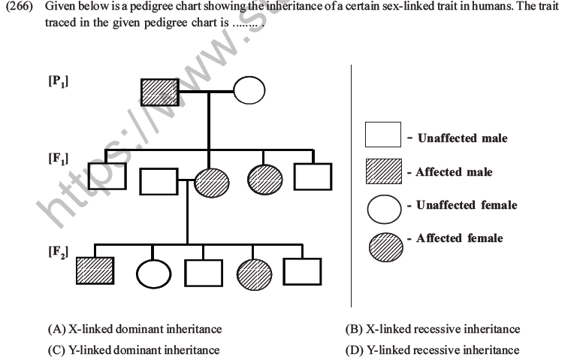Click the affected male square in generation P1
(x=159, y=92)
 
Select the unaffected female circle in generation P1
(x=249, y=92)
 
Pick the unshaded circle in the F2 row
(x=154, y=274)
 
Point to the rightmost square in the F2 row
(x=302, y=271)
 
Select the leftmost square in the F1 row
(x=107, y=177)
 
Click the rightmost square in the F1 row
(x=312, y=177)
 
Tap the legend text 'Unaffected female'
(x=467, y=205)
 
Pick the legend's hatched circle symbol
(x=385, y=244)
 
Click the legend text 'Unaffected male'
(x=462, y=138)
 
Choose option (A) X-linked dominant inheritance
(x=134, y=329)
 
